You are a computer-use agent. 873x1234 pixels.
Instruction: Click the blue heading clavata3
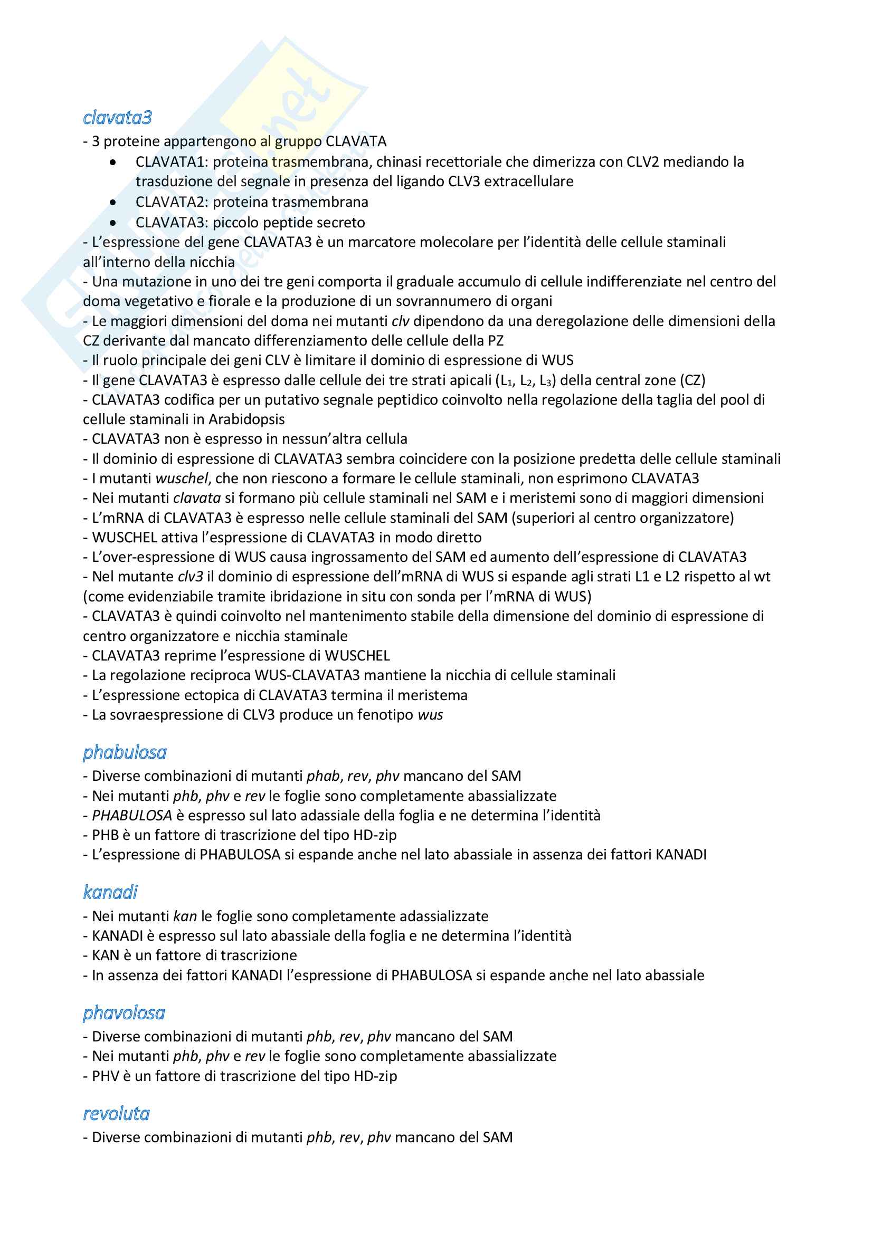[x=117, y=118]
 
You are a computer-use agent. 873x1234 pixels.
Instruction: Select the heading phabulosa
[x=125, y=752]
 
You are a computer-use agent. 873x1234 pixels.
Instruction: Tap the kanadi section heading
[x=110, y=892]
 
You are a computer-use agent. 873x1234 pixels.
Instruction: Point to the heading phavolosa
[x=124, y=1012]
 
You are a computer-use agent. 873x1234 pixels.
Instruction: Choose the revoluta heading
[x=116, y=1113]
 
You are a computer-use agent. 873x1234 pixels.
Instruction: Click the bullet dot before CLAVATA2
[x=112, y=203]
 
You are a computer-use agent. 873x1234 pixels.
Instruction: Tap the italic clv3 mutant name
[x=191, y=577]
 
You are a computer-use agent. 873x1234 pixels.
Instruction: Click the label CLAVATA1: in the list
[x=172, y=162]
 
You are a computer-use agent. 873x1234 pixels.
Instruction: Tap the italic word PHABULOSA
[x=132, y=815]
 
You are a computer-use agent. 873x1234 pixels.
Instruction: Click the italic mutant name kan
[x=185, y=916]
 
